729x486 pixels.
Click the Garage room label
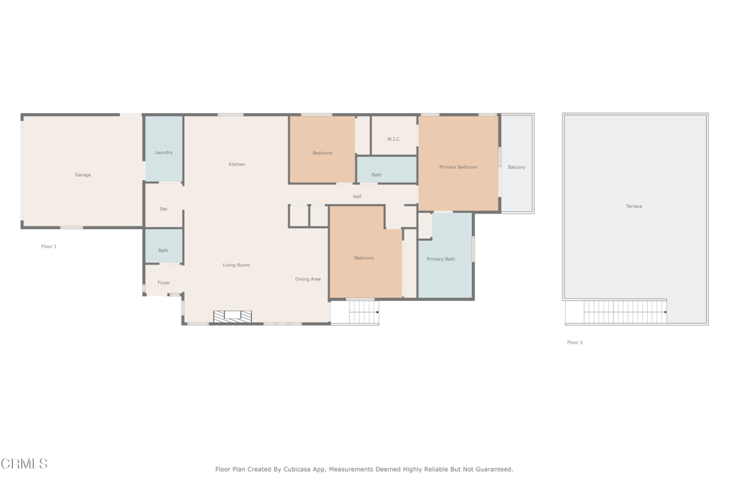[83, 175]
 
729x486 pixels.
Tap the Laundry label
[164, 152]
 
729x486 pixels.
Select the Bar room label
[164, 209]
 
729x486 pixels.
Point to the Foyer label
[164, 282]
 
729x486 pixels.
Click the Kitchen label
[236, 164]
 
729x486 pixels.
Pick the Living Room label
[236, 265]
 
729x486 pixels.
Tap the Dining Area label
[308, 279]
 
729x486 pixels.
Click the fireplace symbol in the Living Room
[233, 317]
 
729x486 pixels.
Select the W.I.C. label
[394, 139]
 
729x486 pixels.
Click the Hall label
[357, 196]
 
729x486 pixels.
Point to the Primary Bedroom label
[458, 167]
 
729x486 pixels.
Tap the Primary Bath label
[441, 259]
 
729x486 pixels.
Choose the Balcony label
[517, 167]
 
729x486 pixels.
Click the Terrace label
[634, 206]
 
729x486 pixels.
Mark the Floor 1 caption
[49, 246]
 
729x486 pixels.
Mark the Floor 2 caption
[575, 342]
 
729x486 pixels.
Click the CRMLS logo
[24, 463]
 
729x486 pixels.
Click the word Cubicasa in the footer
[297, 469]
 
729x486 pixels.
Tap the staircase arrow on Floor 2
[666, 312]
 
